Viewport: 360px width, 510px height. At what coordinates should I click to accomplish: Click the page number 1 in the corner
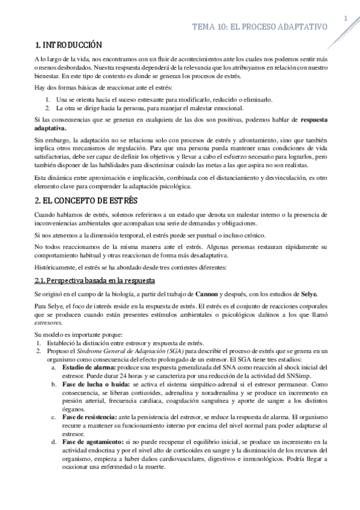[346, 19]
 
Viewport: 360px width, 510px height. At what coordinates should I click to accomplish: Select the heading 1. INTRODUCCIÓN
[68, 45]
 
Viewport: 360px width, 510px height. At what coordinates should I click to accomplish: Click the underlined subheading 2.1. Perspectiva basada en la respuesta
[95, 280]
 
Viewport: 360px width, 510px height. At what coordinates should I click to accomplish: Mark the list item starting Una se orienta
[163, 99]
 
